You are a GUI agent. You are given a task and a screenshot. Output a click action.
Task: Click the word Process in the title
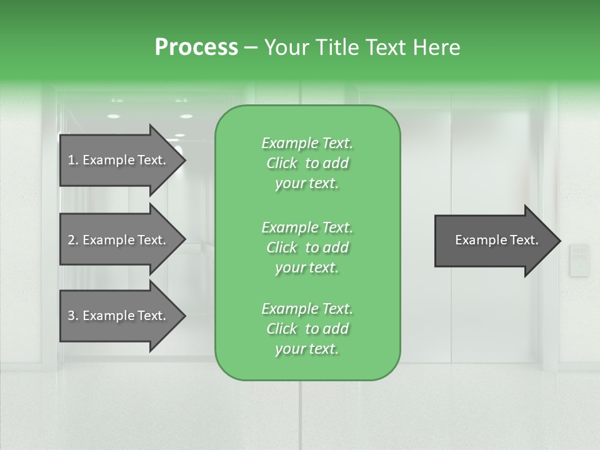pyautogui.click(x=196, y=47)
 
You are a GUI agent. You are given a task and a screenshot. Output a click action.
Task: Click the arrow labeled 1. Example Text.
pyautogui.click(x=117, y=160)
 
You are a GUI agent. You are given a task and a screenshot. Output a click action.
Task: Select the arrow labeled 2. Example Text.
pyautogui.click(x=117, y=240)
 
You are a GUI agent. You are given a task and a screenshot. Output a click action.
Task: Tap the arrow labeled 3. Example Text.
pyautogui.click(x=117, y=316)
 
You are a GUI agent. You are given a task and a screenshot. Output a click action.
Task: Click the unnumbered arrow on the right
pyautogui.click(x=496, y=241)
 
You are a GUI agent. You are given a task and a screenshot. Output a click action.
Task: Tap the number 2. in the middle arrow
pyautogui.click(x=73, y=240)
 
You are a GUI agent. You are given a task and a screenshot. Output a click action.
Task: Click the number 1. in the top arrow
pyautogui.click(x=73, y=160)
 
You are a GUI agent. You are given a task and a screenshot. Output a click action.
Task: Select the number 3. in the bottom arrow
pyautogui.click(x=73, y=316)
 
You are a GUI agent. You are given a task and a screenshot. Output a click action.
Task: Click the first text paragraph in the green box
pyautogui.click(x=307, y=163)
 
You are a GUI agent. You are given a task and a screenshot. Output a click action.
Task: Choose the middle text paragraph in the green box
pyautogui.click(x=307, y=247)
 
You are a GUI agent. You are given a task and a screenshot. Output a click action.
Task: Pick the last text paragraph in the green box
pyautogui.click(x=307, y=329)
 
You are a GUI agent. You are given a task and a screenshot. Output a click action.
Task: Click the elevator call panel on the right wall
pyautogui.click(x=579, y=259)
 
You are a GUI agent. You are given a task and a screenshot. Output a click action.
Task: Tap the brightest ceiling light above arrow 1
pyautogui.click(x=114, y=116)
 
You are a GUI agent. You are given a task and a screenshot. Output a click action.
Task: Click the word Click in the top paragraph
pyautogui.click(x=282, y=163)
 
